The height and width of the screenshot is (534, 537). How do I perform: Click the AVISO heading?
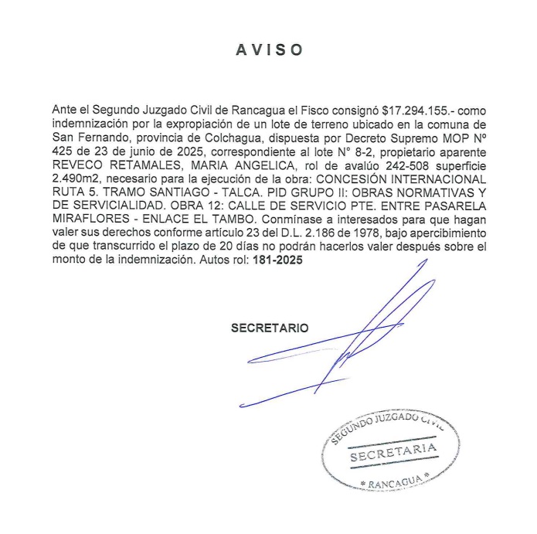(269, 49)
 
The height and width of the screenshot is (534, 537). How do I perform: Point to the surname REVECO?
(79, 165)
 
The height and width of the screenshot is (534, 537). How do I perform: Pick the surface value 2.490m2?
(78, 179)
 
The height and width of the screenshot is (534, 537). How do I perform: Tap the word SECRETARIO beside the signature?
(269, 328)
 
